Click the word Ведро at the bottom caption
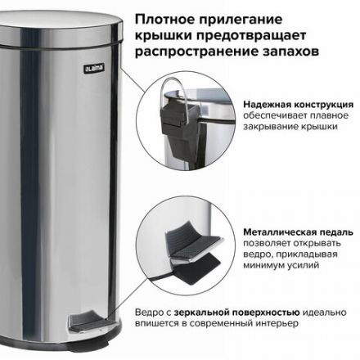[148, 312]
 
